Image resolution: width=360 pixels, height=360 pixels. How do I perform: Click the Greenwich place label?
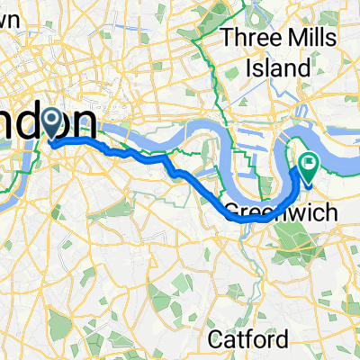[x=266, y=213]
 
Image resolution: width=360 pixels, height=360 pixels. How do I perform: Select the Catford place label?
[x=249, y=339]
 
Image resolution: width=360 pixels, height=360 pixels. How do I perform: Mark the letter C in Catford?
[x=216, y=339]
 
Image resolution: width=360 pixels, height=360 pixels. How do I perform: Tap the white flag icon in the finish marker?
[x=310, y=164]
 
